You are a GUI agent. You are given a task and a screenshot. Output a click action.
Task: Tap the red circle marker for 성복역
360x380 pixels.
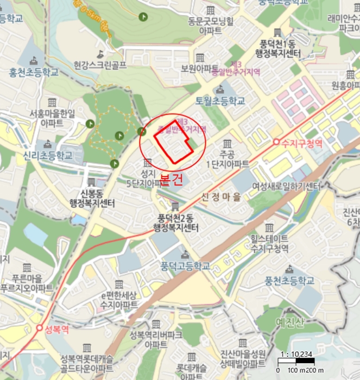[x=40, y=328]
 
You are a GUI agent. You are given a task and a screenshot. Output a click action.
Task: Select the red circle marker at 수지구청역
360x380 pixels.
[x=276, y=142]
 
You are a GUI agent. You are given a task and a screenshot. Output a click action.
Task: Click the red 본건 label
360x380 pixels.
[x=172, y=180]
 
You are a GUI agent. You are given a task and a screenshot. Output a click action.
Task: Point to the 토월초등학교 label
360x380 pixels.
[x=221, y=101]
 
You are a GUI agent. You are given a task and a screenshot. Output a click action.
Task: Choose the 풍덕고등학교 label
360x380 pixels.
[x=185, y=266]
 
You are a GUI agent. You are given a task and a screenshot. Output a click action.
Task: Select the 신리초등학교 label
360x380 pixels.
[x=48, y=155]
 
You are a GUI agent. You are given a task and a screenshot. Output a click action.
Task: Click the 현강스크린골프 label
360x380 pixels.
[x=100, y=65]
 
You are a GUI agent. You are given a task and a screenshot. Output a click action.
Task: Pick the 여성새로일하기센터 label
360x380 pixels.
[x=286, y=186]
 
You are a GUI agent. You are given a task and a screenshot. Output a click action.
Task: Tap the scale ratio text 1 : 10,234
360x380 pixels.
[x=297, y=354]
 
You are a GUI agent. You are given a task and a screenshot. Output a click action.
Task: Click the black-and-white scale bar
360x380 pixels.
[x=296, y=362]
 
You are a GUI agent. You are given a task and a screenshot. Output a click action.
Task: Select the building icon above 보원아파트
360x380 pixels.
[x=200, y=58]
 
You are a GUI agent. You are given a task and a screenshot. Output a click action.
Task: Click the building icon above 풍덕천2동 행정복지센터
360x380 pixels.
[x=175, y=206]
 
